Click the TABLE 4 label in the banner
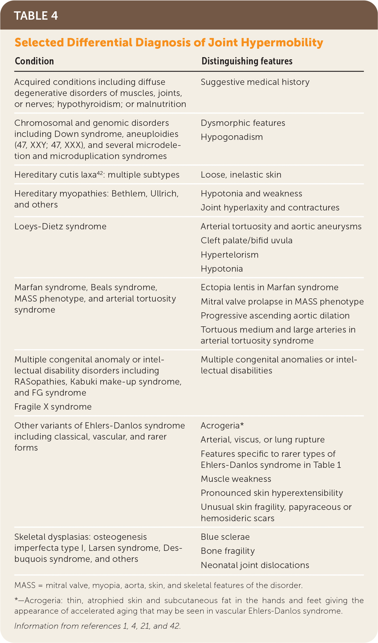(x=36, y=16)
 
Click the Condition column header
(x=34, y=61)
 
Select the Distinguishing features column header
(x=247, y=61)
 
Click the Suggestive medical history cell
(x=255, y=82)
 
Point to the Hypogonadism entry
(x=232, y=137)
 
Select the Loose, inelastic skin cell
(x=241, y=175)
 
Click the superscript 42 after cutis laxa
(x=100, y=173)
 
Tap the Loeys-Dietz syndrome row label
(x=60, y=226)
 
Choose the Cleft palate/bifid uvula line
(x=247, y=240)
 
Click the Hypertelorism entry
(x=230, y=255)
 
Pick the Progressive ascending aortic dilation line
(x=275, y=316)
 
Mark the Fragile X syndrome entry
(x=53, y=407)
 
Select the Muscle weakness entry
(x=236, y=479)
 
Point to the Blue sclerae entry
(x=225, y=537)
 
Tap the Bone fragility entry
(x=228, y=551)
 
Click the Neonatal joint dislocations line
(x=255, y=565)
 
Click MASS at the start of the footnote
(x=25, y=585)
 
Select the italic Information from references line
(x=97, y=626)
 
